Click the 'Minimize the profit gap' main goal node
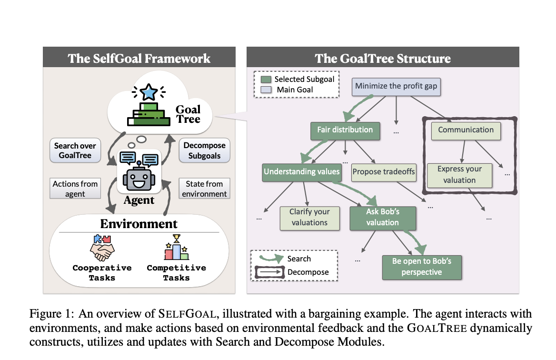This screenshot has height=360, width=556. [x=396, y=87]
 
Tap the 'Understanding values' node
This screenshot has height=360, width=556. [x=301, y=172]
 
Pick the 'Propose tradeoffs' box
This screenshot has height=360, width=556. [x=384, y=172]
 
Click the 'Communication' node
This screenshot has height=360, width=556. [x=466, y=130]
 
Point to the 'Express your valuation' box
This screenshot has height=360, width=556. [x=459, y=175]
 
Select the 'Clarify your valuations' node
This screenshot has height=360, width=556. [x=309, y=217]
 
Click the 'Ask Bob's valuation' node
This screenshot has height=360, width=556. [x=383, y=217]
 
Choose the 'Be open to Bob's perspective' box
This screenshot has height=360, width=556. [x=422, y=267]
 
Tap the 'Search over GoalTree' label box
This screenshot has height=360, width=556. [x=75, y=150]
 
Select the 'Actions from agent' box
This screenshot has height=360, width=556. [x=75, y=189]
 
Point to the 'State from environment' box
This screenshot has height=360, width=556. [x=205, y=189]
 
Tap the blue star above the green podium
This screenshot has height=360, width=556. [x=150, y=91]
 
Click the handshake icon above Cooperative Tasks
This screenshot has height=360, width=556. [x=102, y=246]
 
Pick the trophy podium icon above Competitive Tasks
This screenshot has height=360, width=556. [x=177, y=247]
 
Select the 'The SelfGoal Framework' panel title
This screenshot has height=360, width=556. [x=139, y=59]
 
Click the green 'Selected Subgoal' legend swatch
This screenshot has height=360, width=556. [x=267, y=80]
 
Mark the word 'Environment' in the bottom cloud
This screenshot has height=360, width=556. [x=139, y=223]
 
